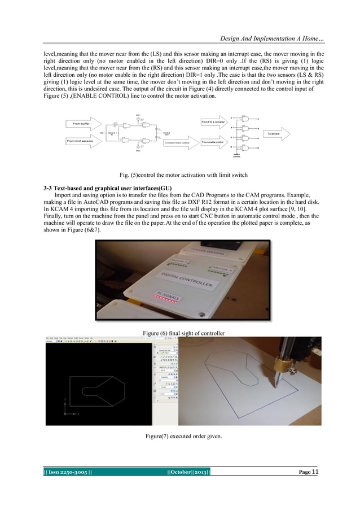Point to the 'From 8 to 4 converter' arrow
tap(216, 122)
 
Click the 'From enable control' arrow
tap(216, 142)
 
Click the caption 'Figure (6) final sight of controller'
tap(183, 334)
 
